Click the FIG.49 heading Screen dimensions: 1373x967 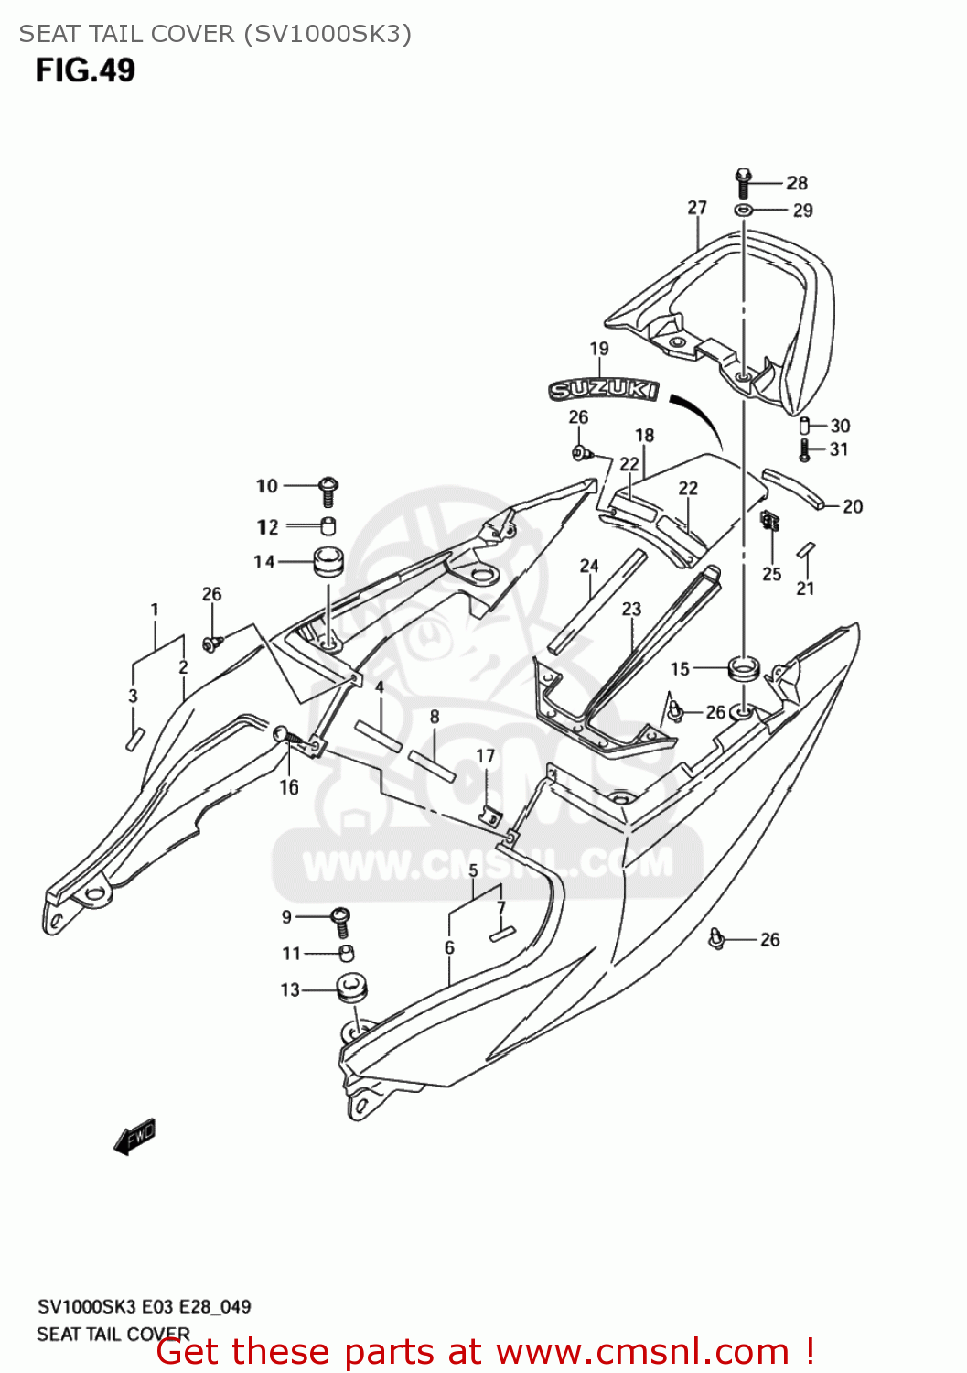point(85,70)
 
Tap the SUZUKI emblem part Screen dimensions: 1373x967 point(603,391)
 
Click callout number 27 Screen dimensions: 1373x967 point(697,208)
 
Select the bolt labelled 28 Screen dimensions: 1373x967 point(743,182)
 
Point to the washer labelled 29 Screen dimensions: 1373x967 point(744,211)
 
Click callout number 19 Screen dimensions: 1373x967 point(599,349)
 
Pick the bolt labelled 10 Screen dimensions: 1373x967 point(328,490)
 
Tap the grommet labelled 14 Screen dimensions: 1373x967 point(328,561)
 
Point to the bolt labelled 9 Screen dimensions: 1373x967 point(342,919)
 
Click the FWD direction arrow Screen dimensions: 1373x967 point(134,1137)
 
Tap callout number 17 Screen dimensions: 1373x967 point(486,756)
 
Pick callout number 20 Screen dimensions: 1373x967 point(853,506)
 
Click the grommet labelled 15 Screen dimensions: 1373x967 point(743,667)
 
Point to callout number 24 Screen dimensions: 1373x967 point(589,566)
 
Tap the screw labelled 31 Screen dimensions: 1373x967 point(805,449)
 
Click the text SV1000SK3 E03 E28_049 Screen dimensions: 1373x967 point(144,1306)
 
